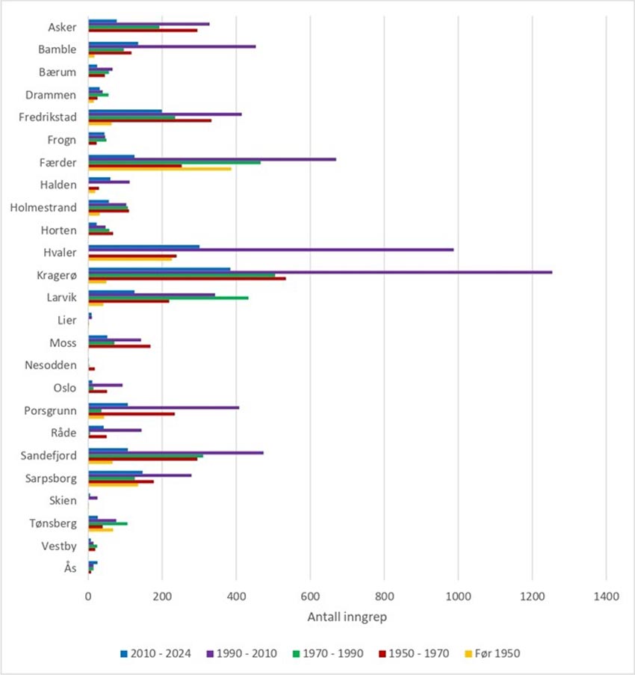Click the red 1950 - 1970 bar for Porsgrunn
click(x=131, y=413)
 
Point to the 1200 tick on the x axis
click(x=532, y=597)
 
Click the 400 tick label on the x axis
click(x=236, y=597)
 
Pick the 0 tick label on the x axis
click(x=88, y=597)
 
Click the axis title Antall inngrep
click(x=347, y=618)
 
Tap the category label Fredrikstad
click(x=48, y=117)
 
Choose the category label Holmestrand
click(x=43, y=208)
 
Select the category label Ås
click(x=70, y=568)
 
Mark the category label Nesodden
click(x=52, y=366)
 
